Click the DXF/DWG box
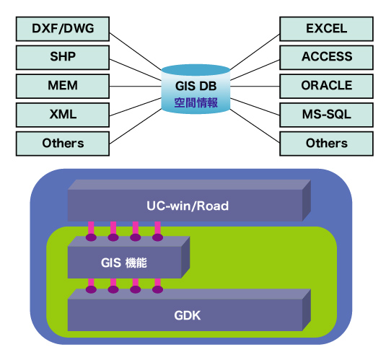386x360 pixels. [x=63, y=29]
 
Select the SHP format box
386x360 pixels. [x=63, y=58]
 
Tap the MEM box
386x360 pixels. [x=63, y=86]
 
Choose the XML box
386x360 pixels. [x=63, y=115]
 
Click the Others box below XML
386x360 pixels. [x=63, y=144]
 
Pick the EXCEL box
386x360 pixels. [x=326, y=29]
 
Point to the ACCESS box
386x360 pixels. [x=326, y=58]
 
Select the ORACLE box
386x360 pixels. [x=326, y=86]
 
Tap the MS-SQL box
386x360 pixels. [x=326, y=115]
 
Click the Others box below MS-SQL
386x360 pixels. [x=326, y=144]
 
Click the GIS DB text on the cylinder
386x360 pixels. [x=196, y=86]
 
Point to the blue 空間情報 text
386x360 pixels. [x=196, y=102]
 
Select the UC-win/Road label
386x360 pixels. [x=188, y=206]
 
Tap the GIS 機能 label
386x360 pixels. [x=124, y=263]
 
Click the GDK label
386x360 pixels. [x=188, y=315]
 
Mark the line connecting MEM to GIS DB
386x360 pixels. [x=136, y=86]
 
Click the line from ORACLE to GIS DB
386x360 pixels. [x=255, y=86]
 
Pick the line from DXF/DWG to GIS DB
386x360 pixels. [x=136, y=51]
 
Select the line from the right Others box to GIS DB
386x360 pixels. [x=255, y=126]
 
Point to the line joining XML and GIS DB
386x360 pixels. [x=136, y=107]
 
